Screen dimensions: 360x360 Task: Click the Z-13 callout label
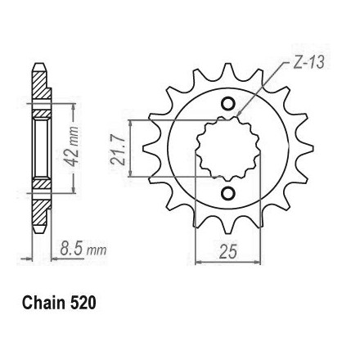pos(308,62)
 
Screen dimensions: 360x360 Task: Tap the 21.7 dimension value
pos(118,151)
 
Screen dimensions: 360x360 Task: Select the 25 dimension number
pos(227,251)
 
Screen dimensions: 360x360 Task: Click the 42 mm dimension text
pos(72,146)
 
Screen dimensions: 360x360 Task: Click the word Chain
pos(43,303)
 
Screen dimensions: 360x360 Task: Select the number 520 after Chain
pos(83,303)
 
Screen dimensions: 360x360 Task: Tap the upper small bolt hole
pos(227,104)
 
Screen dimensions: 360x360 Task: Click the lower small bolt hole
pos(227,193)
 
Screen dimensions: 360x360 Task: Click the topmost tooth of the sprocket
pos(228,71)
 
